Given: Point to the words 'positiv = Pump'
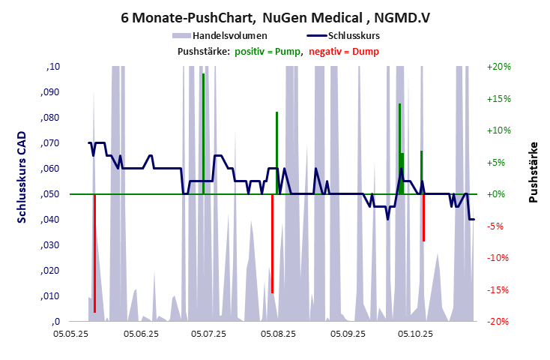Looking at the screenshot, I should pos(268,51).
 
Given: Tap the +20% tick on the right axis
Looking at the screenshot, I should pos(498,67).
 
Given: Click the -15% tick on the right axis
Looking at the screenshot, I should pos(498,289).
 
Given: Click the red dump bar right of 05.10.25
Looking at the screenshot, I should pos(423,217).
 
